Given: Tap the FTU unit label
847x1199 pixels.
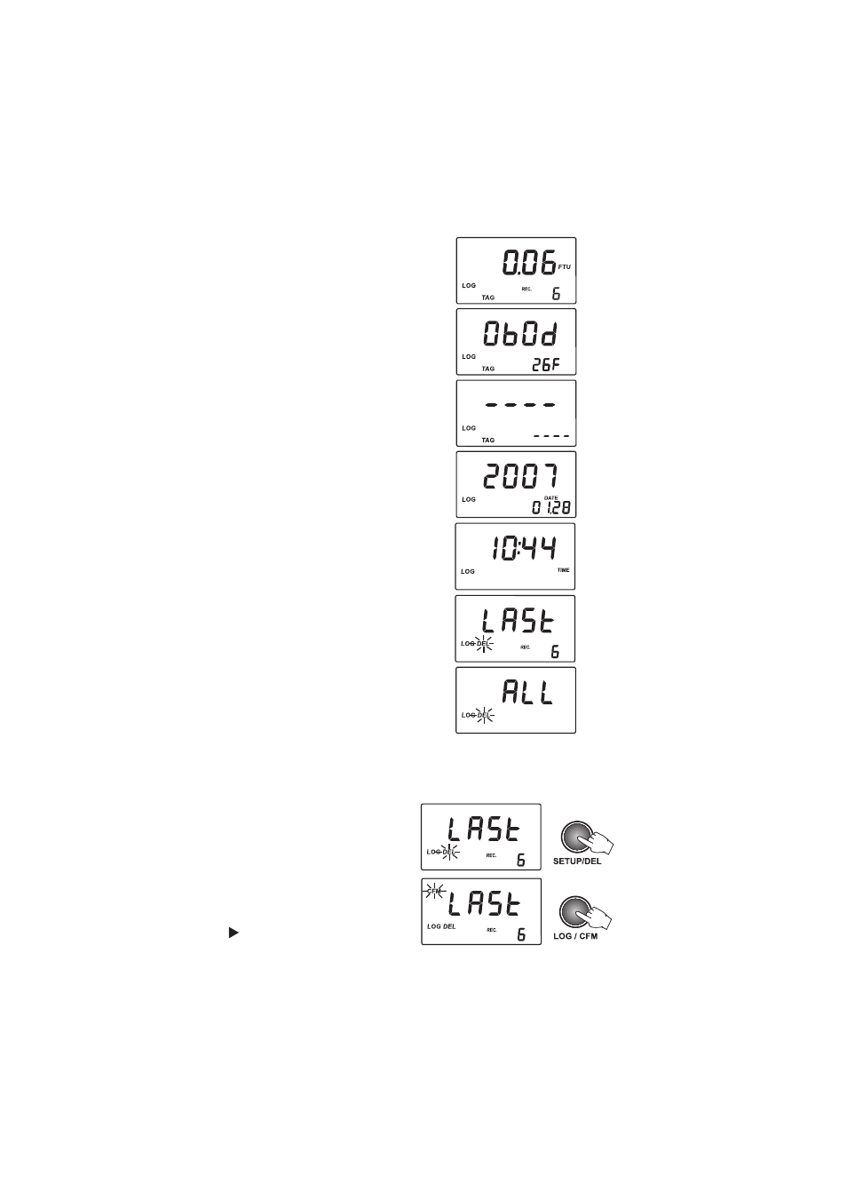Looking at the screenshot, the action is coord(565,267).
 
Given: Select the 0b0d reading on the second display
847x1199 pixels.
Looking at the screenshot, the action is coord(521,334).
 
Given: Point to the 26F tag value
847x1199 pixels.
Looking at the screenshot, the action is coord(546,364).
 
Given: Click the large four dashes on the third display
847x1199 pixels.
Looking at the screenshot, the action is coord(520,405).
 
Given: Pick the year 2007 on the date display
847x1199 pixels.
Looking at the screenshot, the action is coord(521,478).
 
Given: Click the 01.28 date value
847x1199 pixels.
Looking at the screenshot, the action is coord(550,508).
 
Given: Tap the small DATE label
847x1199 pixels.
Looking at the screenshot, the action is coord(550,498).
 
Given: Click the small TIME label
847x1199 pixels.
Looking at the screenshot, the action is coord(563,570).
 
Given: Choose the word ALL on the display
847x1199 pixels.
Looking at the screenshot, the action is coord(527,693).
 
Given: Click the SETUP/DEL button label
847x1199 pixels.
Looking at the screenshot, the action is coord(577,862).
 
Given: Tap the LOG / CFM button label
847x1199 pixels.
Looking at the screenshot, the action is coord(575,937).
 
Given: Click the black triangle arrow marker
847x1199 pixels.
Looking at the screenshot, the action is coord(233,933).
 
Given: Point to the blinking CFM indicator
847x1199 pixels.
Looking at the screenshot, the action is coord(434,891).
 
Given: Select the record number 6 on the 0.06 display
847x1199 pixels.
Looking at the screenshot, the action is coord(557,294).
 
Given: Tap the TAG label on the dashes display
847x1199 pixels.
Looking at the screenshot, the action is coord(487,440).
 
